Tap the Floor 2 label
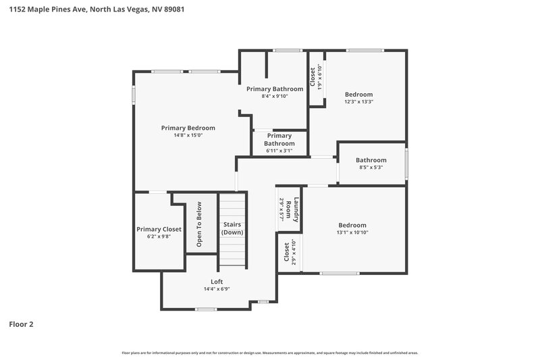(21, 324)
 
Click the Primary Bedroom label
(188, 128)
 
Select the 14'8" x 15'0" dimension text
(188, 135)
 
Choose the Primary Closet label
(159, 229)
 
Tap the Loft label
(217, 282)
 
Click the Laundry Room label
(289, 210)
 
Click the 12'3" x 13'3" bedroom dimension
(358, 102)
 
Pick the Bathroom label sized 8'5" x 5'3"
(371, 160)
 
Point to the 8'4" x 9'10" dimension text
(274, 96)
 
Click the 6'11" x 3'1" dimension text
(279, 151)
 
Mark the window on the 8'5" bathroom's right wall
(406, 163)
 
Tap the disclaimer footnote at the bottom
(269, 353)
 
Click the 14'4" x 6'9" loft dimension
(217, 289)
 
